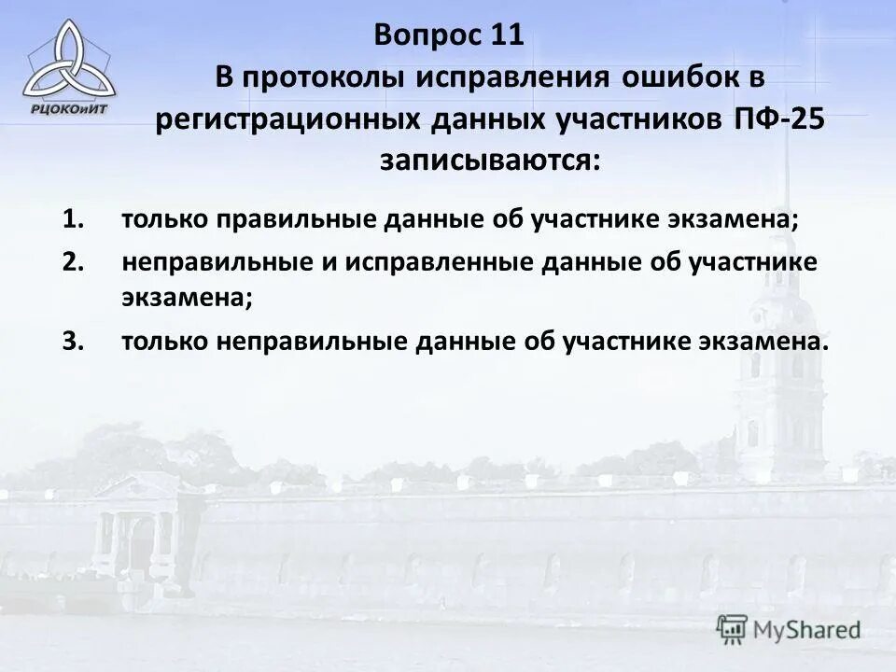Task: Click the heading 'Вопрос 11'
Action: (x=450, y=36)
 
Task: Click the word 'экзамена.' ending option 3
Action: (x=763, y=341)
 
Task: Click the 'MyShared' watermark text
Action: (x=806, y=630)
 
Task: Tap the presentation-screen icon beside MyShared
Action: (x=733, y=629)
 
